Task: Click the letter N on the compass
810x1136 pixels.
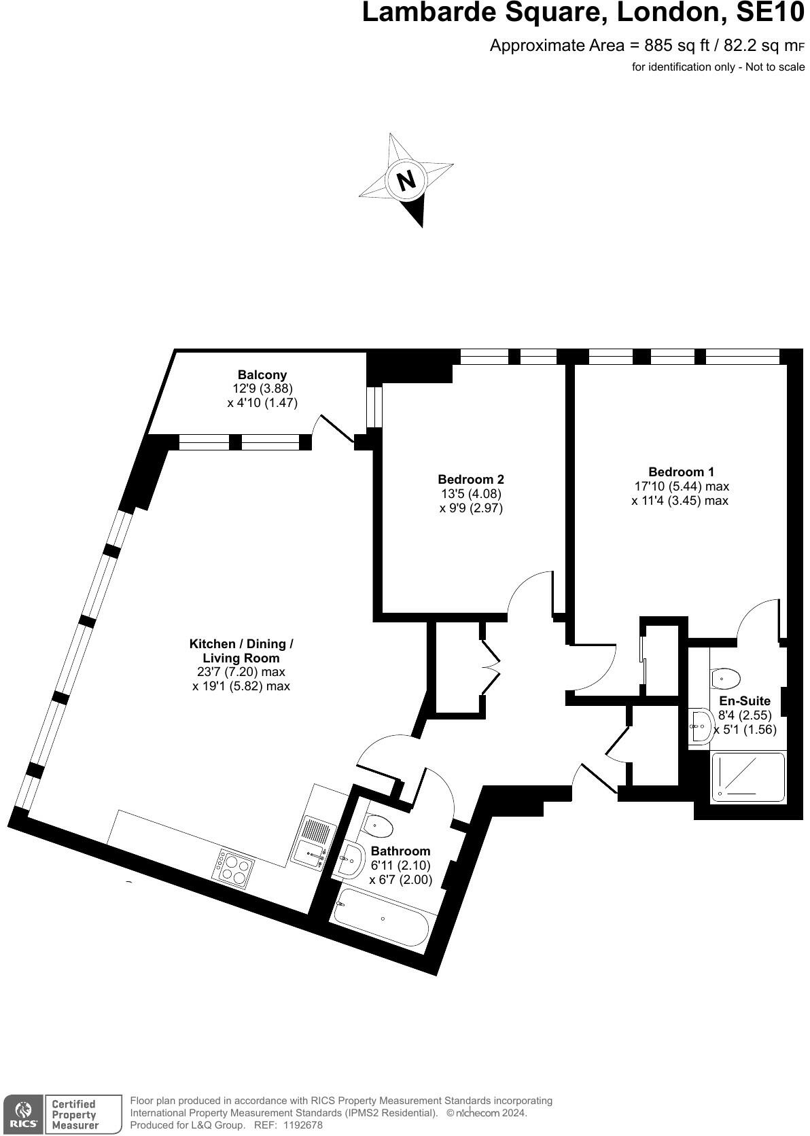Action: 406,181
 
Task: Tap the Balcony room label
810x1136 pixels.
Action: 262,374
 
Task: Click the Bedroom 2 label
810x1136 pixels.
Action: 471,479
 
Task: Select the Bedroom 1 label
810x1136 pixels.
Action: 681,472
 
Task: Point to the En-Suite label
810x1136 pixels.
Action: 745,700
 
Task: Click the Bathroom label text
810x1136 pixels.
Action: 400,851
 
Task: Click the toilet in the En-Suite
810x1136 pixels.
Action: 726,677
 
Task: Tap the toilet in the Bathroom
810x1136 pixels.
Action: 378,826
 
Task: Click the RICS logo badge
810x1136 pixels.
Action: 22,1114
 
